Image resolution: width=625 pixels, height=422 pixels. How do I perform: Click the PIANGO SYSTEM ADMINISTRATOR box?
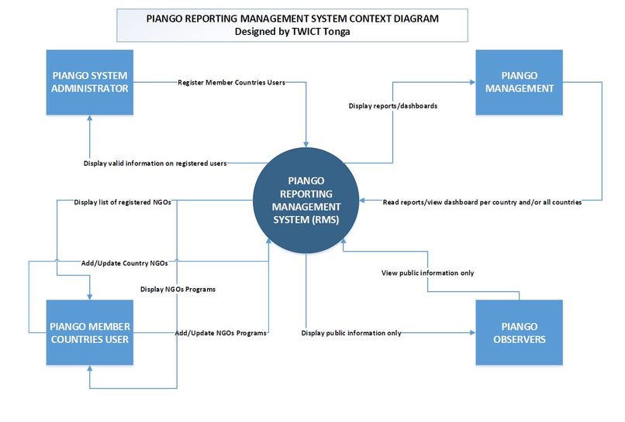[x=90, y=82]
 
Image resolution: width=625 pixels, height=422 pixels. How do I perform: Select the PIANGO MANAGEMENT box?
[x=516, y=82]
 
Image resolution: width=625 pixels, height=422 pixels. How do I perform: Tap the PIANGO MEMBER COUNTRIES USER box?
[x=90, y=332]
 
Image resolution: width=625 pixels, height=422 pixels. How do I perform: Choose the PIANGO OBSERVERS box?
[x=516, y=332]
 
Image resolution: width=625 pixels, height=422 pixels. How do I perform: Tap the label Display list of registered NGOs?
[x=123, y=202]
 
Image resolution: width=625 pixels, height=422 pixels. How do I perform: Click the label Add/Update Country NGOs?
[x=124, y=263]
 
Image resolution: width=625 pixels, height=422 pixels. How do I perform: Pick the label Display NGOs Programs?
[x=178, y=289]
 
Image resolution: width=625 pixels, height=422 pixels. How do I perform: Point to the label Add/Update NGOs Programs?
[x=221, y=332]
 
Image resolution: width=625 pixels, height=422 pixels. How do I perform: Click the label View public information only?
[x=427, y=273]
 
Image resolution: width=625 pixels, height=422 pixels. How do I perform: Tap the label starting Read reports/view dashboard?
[x=482, y=202]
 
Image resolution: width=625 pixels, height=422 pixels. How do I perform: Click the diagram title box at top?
[x=292, y=26]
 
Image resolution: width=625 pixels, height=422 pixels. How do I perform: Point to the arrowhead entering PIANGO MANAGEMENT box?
[x=471, y=82]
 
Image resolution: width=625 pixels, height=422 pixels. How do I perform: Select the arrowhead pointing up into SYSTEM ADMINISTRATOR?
[x=90, y=118]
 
